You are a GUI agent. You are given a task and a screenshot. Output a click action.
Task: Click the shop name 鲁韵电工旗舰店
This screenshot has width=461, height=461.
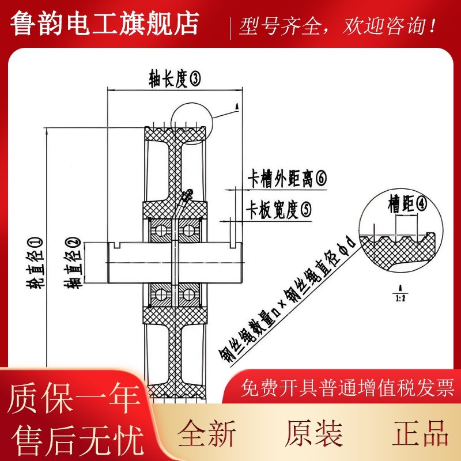click(x=105, y=24)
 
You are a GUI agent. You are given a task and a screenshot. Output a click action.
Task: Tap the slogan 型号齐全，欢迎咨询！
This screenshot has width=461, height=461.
click(x=338, y=27)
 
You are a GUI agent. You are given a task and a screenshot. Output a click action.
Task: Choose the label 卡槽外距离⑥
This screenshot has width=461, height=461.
click(x=286, y=179)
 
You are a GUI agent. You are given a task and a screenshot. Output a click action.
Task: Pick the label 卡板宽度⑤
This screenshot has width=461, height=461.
click(x=279, y=210)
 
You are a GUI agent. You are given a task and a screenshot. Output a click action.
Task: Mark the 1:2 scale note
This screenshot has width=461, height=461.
click(x=399, y=295)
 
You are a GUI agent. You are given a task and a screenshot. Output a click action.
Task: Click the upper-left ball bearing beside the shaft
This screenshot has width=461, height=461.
click(x=160, y=231)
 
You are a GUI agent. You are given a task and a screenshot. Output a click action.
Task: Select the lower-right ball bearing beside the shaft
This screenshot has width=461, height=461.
click(x=187, y=296)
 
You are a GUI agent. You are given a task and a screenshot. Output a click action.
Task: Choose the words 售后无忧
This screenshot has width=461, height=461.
click(x=74, y=440)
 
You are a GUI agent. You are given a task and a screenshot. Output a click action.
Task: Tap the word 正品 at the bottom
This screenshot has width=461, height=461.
click(x=421, y=433)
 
